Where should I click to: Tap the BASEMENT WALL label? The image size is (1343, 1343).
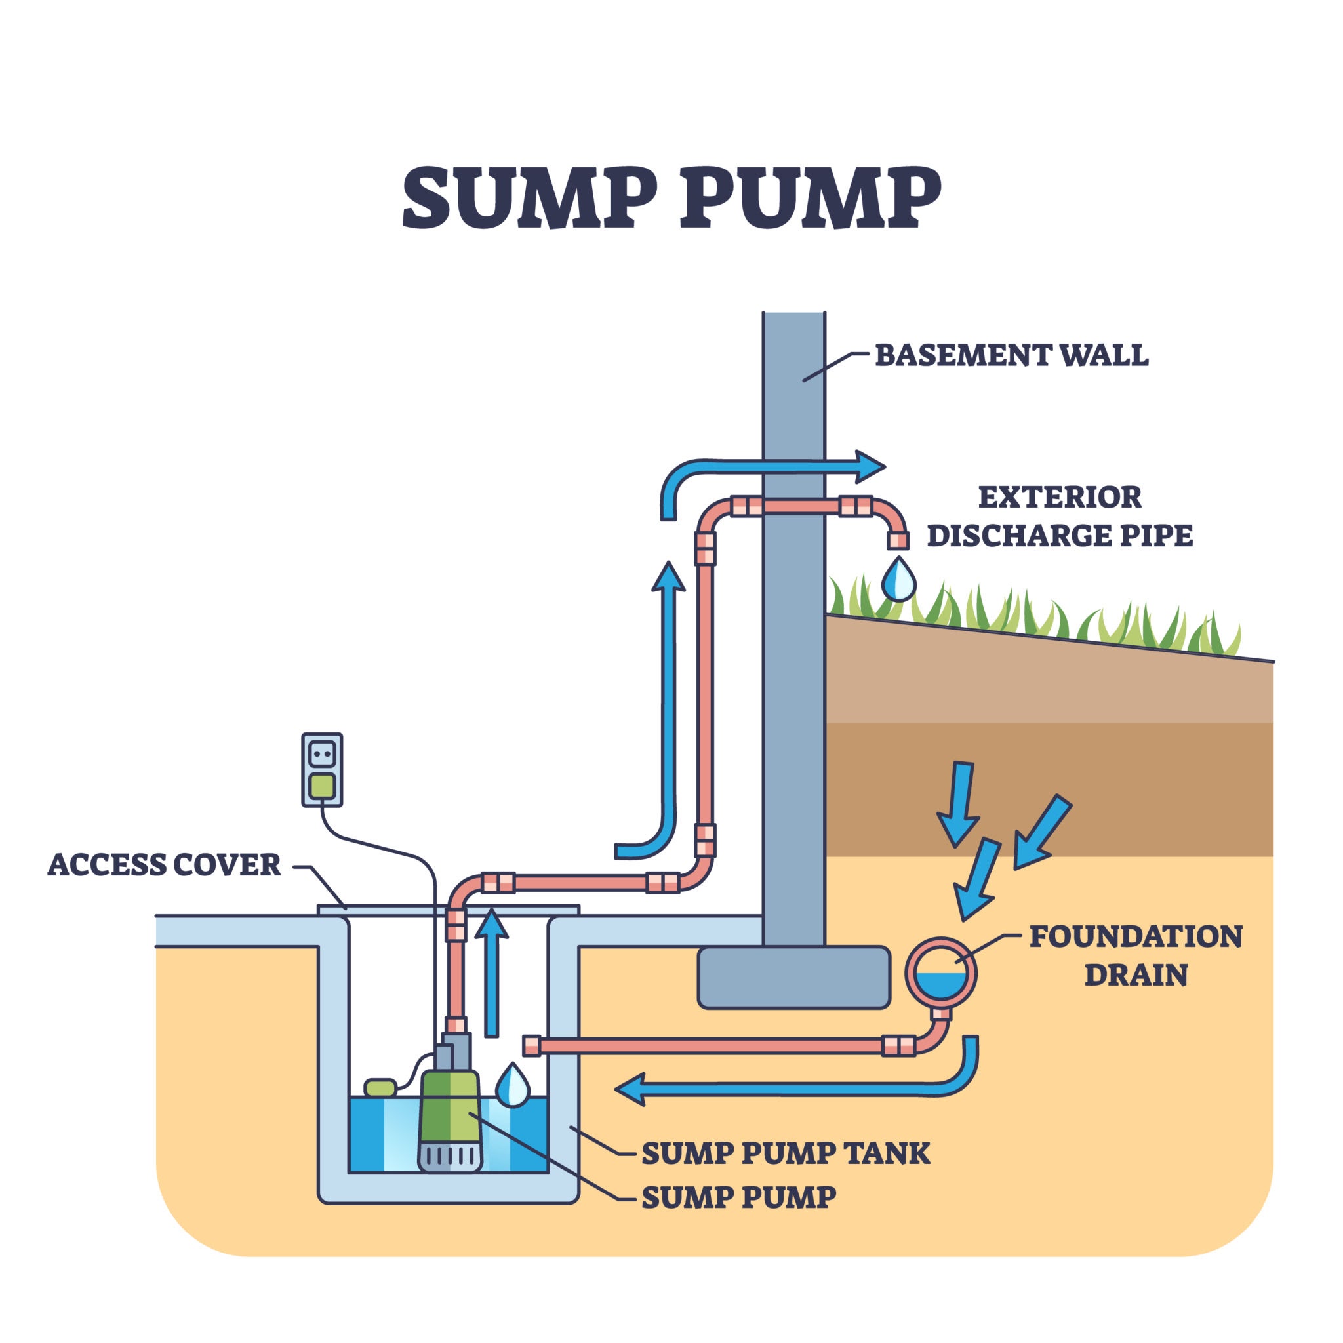click(1011, 355)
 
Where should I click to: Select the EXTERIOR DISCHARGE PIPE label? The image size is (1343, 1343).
click(1060, 517)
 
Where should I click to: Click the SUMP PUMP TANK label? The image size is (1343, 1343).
click(785, 1153)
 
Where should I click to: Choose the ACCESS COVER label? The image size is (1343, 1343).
click(164, 864)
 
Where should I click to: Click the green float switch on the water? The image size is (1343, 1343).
click(380, 1087)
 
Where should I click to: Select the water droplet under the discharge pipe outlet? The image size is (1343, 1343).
click(898, 579)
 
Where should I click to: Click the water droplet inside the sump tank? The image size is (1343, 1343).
click(512, 1085)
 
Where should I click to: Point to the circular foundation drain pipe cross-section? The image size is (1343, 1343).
click(940, 973)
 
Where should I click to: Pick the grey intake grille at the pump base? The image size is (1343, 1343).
click(450, 1156)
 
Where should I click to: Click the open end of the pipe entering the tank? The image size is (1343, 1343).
click(532, 1045)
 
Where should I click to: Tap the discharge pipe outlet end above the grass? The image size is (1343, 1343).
click(898, 540)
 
